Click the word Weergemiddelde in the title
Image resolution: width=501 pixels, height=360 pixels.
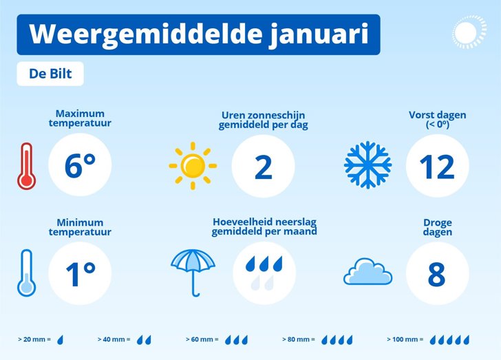point(145,34)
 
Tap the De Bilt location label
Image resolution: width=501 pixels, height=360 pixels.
point(50,74)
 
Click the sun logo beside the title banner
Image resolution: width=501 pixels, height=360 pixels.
point(469,32)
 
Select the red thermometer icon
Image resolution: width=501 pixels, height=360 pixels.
point(27,166)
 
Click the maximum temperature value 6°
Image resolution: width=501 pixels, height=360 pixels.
point(81,166)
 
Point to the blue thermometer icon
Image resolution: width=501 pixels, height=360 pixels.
point(27,273)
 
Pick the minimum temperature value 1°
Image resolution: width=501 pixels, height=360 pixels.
point(81,275)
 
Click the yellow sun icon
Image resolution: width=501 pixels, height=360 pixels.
point(193,166)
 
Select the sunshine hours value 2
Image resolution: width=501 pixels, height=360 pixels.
point(264,167)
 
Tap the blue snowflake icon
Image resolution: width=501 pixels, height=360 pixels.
point(367,165)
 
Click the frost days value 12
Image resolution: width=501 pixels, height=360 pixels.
point(437,167)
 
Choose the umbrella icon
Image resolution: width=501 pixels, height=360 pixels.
point(193,273)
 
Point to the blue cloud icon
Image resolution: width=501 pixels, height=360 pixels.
point(367,271)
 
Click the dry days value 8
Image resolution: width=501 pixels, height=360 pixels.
point(436,275)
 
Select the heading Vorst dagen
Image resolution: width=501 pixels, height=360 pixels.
point(438,115)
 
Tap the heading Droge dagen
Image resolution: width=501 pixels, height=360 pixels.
point(438,227)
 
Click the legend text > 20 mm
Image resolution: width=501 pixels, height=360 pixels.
point(32,339)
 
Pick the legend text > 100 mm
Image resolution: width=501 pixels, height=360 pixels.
point(403,339)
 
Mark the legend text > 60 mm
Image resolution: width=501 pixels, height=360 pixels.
point(200,339)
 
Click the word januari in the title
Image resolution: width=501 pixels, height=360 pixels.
point(319,34)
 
